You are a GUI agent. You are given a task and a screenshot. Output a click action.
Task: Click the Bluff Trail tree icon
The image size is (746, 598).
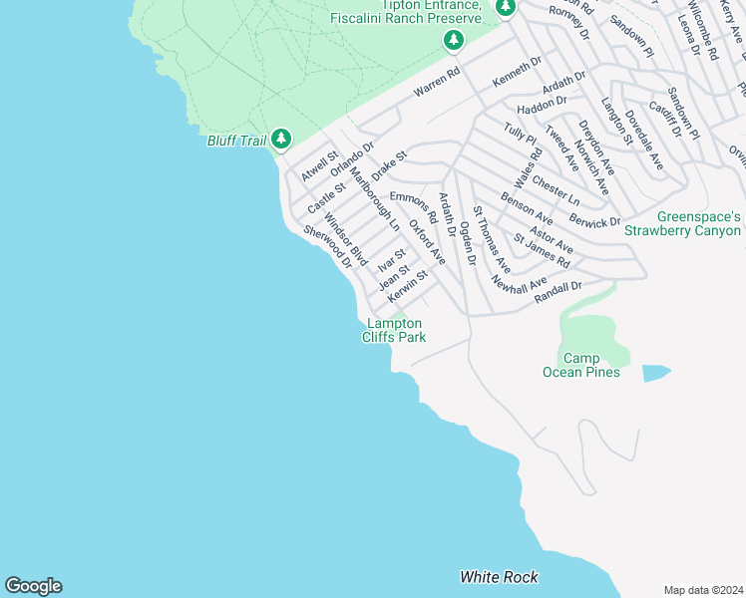[282, 139]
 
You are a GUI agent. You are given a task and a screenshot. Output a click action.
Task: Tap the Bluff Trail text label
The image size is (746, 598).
[236, 141]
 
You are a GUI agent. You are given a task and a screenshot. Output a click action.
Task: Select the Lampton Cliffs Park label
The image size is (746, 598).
[394, 330]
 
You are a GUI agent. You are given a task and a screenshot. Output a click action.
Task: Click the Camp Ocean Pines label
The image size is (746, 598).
[580, 365]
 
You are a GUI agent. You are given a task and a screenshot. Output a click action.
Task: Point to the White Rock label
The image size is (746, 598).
[499, 577]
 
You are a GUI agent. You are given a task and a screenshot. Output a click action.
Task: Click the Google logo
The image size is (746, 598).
[33, 586]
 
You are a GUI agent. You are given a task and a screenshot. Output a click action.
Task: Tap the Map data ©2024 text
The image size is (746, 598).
[703, 590]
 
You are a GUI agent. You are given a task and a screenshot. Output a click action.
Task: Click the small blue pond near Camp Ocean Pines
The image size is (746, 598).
[656, 374]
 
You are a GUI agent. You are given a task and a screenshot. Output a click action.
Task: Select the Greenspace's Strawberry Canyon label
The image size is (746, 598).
[683, 223]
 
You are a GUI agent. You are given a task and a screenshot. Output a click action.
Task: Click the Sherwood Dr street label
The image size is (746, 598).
[328, 247]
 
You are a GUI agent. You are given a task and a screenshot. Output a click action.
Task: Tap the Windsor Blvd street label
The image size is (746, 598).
[346, 239]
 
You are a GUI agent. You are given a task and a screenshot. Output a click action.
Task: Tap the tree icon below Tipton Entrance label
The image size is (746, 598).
[454, 40]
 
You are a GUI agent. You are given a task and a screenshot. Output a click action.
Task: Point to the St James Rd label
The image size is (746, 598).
[542, 251]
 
